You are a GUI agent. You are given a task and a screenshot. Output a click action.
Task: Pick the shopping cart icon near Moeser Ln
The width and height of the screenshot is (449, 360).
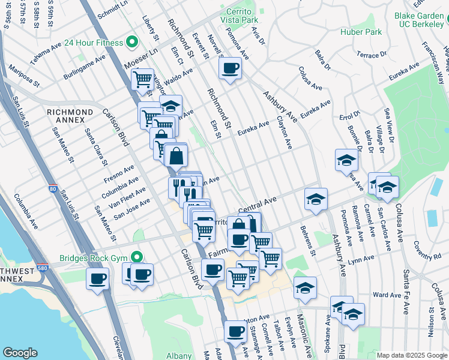(x=143, y=78)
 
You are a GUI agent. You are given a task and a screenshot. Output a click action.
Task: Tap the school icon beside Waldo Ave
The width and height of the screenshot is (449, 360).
(x=171, y=106)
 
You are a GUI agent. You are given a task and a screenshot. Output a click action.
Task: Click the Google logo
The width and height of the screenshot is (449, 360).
(x=20, y=353)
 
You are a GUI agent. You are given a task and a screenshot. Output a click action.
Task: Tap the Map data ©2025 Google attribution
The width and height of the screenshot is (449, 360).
(x=412, y=355)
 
